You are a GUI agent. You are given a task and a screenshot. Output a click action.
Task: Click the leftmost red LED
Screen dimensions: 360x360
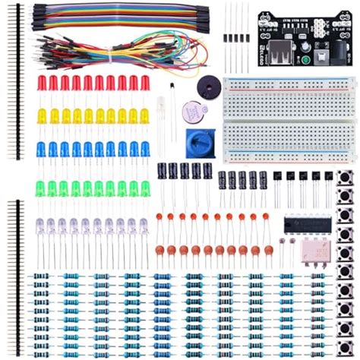tap(43, 83)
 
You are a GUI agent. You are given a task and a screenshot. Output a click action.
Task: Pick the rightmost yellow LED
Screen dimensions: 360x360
tap(144, 115)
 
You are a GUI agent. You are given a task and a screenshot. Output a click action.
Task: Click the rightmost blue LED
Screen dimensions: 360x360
tap(145, 149)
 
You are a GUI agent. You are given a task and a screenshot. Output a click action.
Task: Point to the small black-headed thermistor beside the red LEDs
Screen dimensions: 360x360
tap(174, 90)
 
